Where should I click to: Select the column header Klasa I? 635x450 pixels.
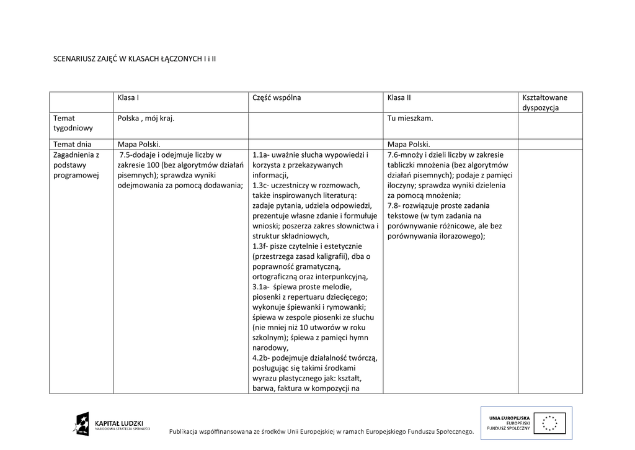[x=128, y=97]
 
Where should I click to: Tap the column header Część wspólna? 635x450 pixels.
[x=277, y=97]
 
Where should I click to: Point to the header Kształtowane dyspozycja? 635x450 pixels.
[x=544, y=102]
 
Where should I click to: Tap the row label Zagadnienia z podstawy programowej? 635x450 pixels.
[x=76, y=164]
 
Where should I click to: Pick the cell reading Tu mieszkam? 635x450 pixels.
[x=410, y=118]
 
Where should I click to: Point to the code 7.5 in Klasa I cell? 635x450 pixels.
[x=127, y=155]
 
